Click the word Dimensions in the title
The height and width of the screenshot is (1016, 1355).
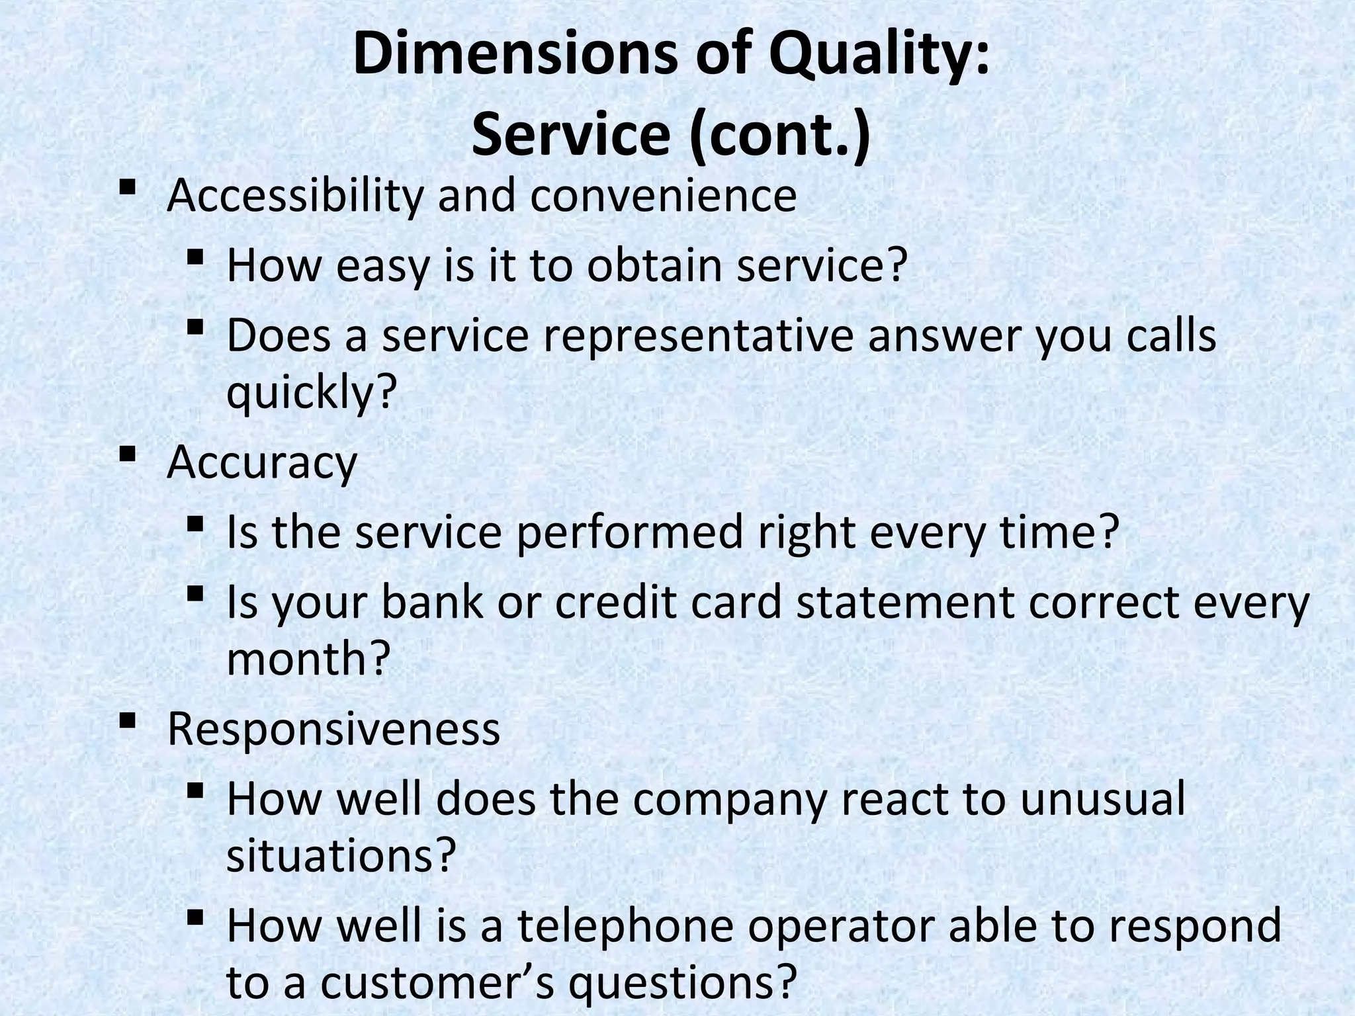514,56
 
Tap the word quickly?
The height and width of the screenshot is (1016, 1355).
311,393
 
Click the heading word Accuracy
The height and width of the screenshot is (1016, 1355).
262,463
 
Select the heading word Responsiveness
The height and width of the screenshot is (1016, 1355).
333,730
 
